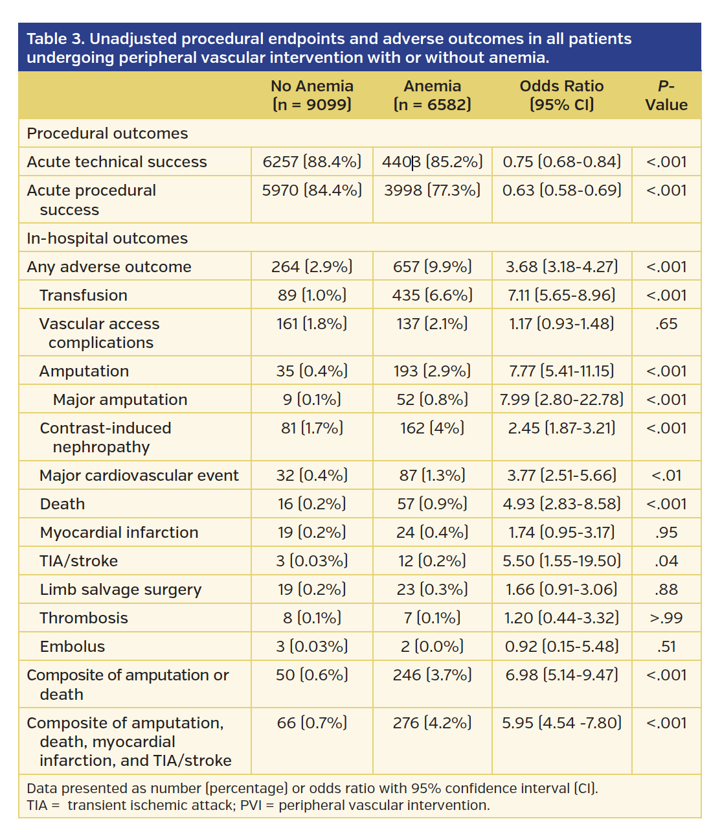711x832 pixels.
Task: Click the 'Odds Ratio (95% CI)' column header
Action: pos(561,95)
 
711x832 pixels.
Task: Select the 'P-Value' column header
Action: pos(666,95)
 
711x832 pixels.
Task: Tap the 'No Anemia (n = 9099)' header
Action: pos(312,95)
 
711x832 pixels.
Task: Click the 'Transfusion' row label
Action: pos(84,295)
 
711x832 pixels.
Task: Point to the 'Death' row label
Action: pos(62,504)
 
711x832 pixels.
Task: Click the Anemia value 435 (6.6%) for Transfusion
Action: pos(432,295)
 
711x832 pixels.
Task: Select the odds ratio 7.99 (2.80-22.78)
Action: pos(561,400)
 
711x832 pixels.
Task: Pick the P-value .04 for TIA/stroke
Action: pos(666,561)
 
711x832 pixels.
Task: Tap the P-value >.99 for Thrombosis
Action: pos(666,618)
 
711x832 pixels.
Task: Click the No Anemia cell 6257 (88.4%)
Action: pos(312,162)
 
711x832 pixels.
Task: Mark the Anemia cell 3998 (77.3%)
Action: pos(432,191)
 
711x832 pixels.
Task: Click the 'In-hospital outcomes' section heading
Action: pos(107,238)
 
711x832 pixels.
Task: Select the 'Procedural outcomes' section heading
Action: pos(107,133)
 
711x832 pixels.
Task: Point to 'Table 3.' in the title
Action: pos(56,39)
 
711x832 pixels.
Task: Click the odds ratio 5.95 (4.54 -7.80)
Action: pos(561,723)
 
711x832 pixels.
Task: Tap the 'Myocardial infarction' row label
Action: pos(119,533)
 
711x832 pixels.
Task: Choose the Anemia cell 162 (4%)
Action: pos(432,428)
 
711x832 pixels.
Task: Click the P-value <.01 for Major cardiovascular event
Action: pos(666,476)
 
